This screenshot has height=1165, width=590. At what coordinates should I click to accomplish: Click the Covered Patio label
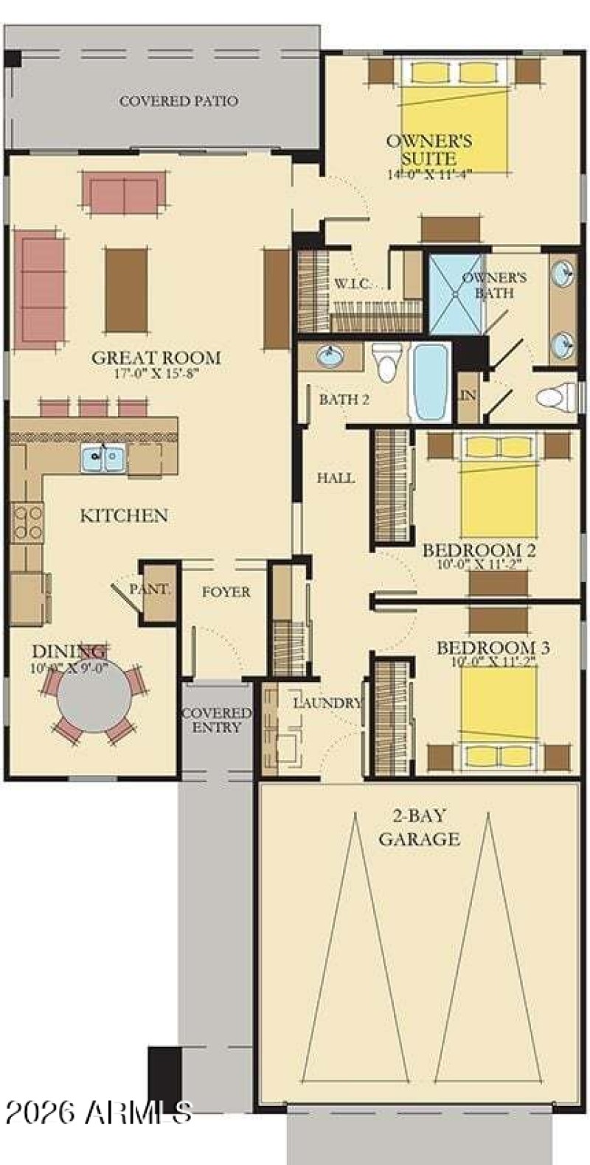178,101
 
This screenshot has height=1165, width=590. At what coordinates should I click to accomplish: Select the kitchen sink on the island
103,459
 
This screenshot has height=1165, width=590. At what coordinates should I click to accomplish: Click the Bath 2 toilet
386,362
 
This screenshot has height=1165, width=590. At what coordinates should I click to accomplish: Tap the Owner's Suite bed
455,111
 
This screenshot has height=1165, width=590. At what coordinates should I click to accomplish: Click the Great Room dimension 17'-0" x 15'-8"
156,373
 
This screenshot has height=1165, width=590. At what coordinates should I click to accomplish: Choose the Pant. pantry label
150,589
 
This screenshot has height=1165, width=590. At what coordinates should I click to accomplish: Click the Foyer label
226,591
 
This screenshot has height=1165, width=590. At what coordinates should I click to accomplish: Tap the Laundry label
327,703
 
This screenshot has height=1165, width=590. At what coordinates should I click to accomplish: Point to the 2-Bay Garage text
419,827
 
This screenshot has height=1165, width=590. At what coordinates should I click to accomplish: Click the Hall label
336,478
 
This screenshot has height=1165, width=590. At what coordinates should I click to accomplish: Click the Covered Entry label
217,720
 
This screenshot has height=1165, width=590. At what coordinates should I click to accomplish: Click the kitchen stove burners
27,521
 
